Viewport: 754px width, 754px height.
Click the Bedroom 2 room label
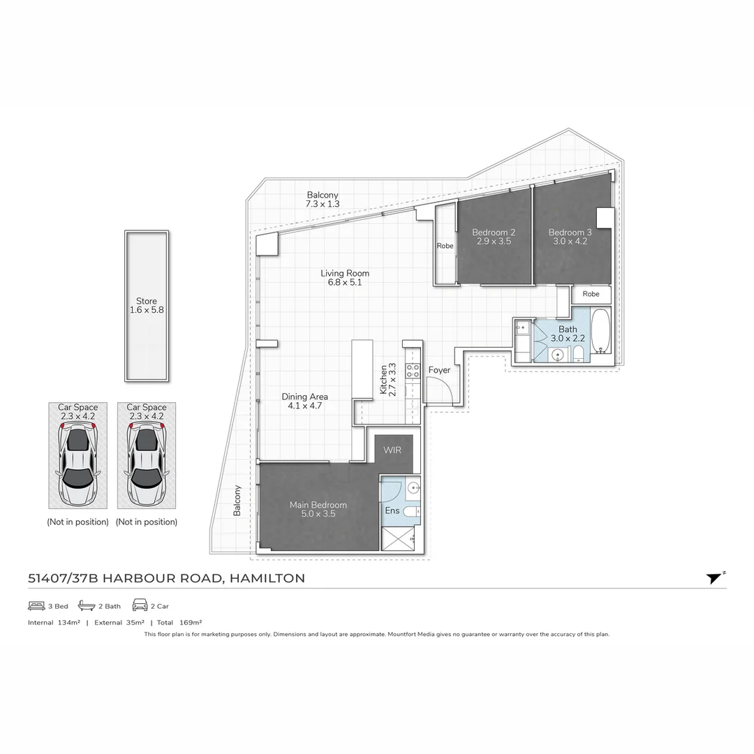[494, 232]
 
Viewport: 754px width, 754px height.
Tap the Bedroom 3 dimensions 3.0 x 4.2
[570, 242]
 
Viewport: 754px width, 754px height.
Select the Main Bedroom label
[318, 505]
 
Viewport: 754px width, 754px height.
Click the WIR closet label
[392, 451]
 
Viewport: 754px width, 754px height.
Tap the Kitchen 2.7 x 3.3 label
[387, 379]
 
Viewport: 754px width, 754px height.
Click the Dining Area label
[304, 397]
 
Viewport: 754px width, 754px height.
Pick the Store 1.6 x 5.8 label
[147, 306]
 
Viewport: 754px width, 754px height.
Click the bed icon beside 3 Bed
[36, 606]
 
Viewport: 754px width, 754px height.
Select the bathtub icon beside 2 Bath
[87, 606]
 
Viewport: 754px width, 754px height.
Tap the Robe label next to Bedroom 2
[445, 246]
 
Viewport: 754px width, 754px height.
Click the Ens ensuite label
[392, 511]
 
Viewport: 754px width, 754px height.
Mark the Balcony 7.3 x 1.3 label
[323, 200]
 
